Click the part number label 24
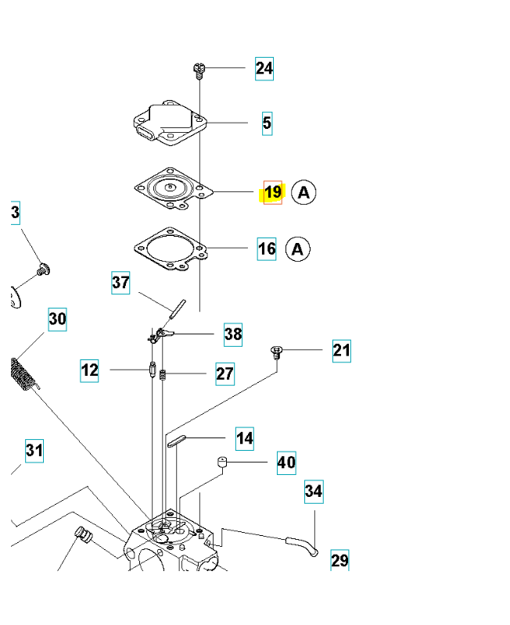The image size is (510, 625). click(264, 69)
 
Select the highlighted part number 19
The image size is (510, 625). click(273, 192)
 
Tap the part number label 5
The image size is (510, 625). click(267, 123)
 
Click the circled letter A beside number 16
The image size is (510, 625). click(298, 249)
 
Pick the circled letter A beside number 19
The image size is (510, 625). click(303, 192)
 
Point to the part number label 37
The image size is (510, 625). click(120, 283)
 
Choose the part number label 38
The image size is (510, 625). click(233, 334)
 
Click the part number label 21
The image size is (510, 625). click(342, 351)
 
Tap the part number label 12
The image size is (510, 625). click(89, 370)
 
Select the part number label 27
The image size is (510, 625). click(224, 374)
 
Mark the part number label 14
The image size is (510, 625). click(245, 438)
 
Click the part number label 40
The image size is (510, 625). click(286, 462)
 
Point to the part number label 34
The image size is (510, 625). click(314, 491)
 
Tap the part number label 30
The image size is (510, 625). click(57, 320)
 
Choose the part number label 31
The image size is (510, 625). click(34, 451)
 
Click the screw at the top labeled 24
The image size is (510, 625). click(199, 70)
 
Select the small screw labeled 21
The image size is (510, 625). click(277, 352)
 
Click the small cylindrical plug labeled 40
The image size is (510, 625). click(222, 463)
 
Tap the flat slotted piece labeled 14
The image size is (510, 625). click(177, 441)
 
